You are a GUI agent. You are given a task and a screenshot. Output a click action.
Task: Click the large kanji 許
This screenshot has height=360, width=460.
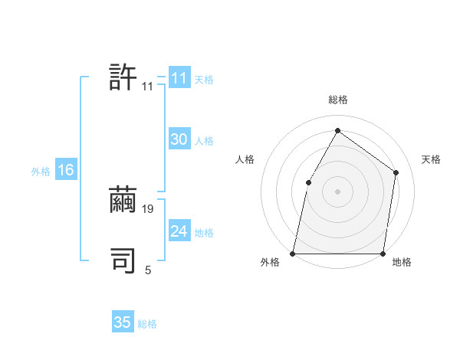point(123,77)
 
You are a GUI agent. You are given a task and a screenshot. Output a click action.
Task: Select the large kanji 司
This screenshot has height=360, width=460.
point(123,260)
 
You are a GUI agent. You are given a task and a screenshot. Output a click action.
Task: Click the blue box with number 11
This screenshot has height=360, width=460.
point(179,78)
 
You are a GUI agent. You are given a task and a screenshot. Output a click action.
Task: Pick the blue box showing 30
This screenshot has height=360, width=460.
point(179,139)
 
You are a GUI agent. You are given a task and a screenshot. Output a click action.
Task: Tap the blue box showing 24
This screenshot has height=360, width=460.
point(179,231)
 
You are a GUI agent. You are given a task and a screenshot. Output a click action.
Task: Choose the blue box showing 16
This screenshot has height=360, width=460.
point(66,170)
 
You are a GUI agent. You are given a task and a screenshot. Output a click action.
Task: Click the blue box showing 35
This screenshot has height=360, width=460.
point(123,322)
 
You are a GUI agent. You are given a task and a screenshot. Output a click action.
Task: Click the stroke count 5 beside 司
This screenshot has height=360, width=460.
point(148,270)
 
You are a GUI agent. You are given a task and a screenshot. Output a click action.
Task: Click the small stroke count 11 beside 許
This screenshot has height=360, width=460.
point(148,87)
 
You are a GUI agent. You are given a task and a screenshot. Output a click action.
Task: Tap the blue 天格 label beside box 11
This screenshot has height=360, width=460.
point(204,79)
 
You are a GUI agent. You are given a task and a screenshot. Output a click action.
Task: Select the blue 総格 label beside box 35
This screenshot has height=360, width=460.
point(147,324)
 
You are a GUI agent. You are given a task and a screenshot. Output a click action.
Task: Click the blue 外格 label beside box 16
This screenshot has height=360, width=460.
point(41,172)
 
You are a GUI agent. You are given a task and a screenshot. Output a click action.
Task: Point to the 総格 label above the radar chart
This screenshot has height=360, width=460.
point(337,100)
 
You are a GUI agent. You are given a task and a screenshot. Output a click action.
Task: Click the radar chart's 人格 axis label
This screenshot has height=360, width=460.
point(245,159)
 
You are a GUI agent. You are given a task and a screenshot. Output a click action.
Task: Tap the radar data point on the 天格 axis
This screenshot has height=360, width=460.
point(396,172)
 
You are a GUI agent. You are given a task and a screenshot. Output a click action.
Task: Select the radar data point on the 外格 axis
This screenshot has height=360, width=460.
point(293,253)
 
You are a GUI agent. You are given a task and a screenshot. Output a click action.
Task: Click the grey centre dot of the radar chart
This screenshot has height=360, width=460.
point(337,191)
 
